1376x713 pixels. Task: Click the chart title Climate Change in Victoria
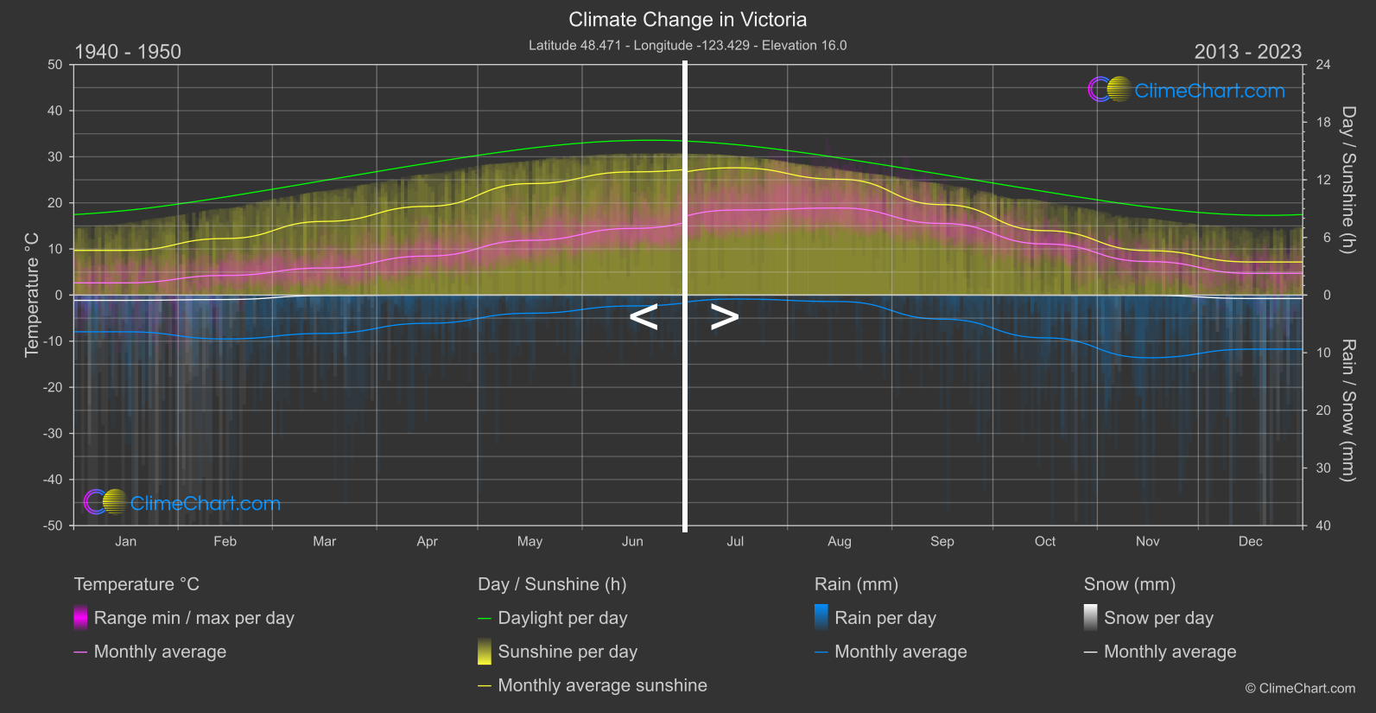(x=688, y=20)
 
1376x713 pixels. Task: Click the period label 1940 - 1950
(x=128, y=52)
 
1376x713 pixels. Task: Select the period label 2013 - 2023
(x=1247, y=52)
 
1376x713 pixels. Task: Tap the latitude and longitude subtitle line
(x=688, y=46)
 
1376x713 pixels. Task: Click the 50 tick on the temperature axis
(x=55, y=65)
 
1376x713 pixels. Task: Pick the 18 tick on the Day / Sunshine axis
(x=1323, y=123)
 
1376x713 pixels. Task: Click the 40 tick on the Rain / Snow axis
(x=1323, y=525)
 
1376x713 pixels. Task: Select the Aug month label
(x=839, y=542)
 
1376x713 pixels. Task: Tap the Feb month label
(x=225, y=542)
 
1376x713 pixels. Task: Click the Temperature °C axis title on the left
(x=32, y=295)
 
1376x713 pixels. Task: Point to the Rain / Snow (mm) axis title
(x=1347, y=410)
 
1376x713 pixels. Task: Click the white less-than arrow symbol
(x=644, y=317)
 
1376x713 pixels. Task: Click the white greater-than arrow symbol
(x=725, y=317)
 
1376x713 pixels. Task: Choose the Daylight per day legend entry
(x=562, y=618)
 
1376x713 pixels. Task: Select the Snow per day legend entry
(x=1158, y=618)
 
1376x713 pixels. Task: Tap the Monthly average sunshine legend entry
(x=602, y=685)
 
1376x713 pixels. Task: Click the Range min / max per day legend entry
(x=193, y=618)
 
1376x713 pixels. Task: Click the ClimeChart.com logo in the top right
(x=1187, y=90)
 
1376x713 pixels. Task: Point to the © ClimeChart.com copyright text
(x=1300, y=689)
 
